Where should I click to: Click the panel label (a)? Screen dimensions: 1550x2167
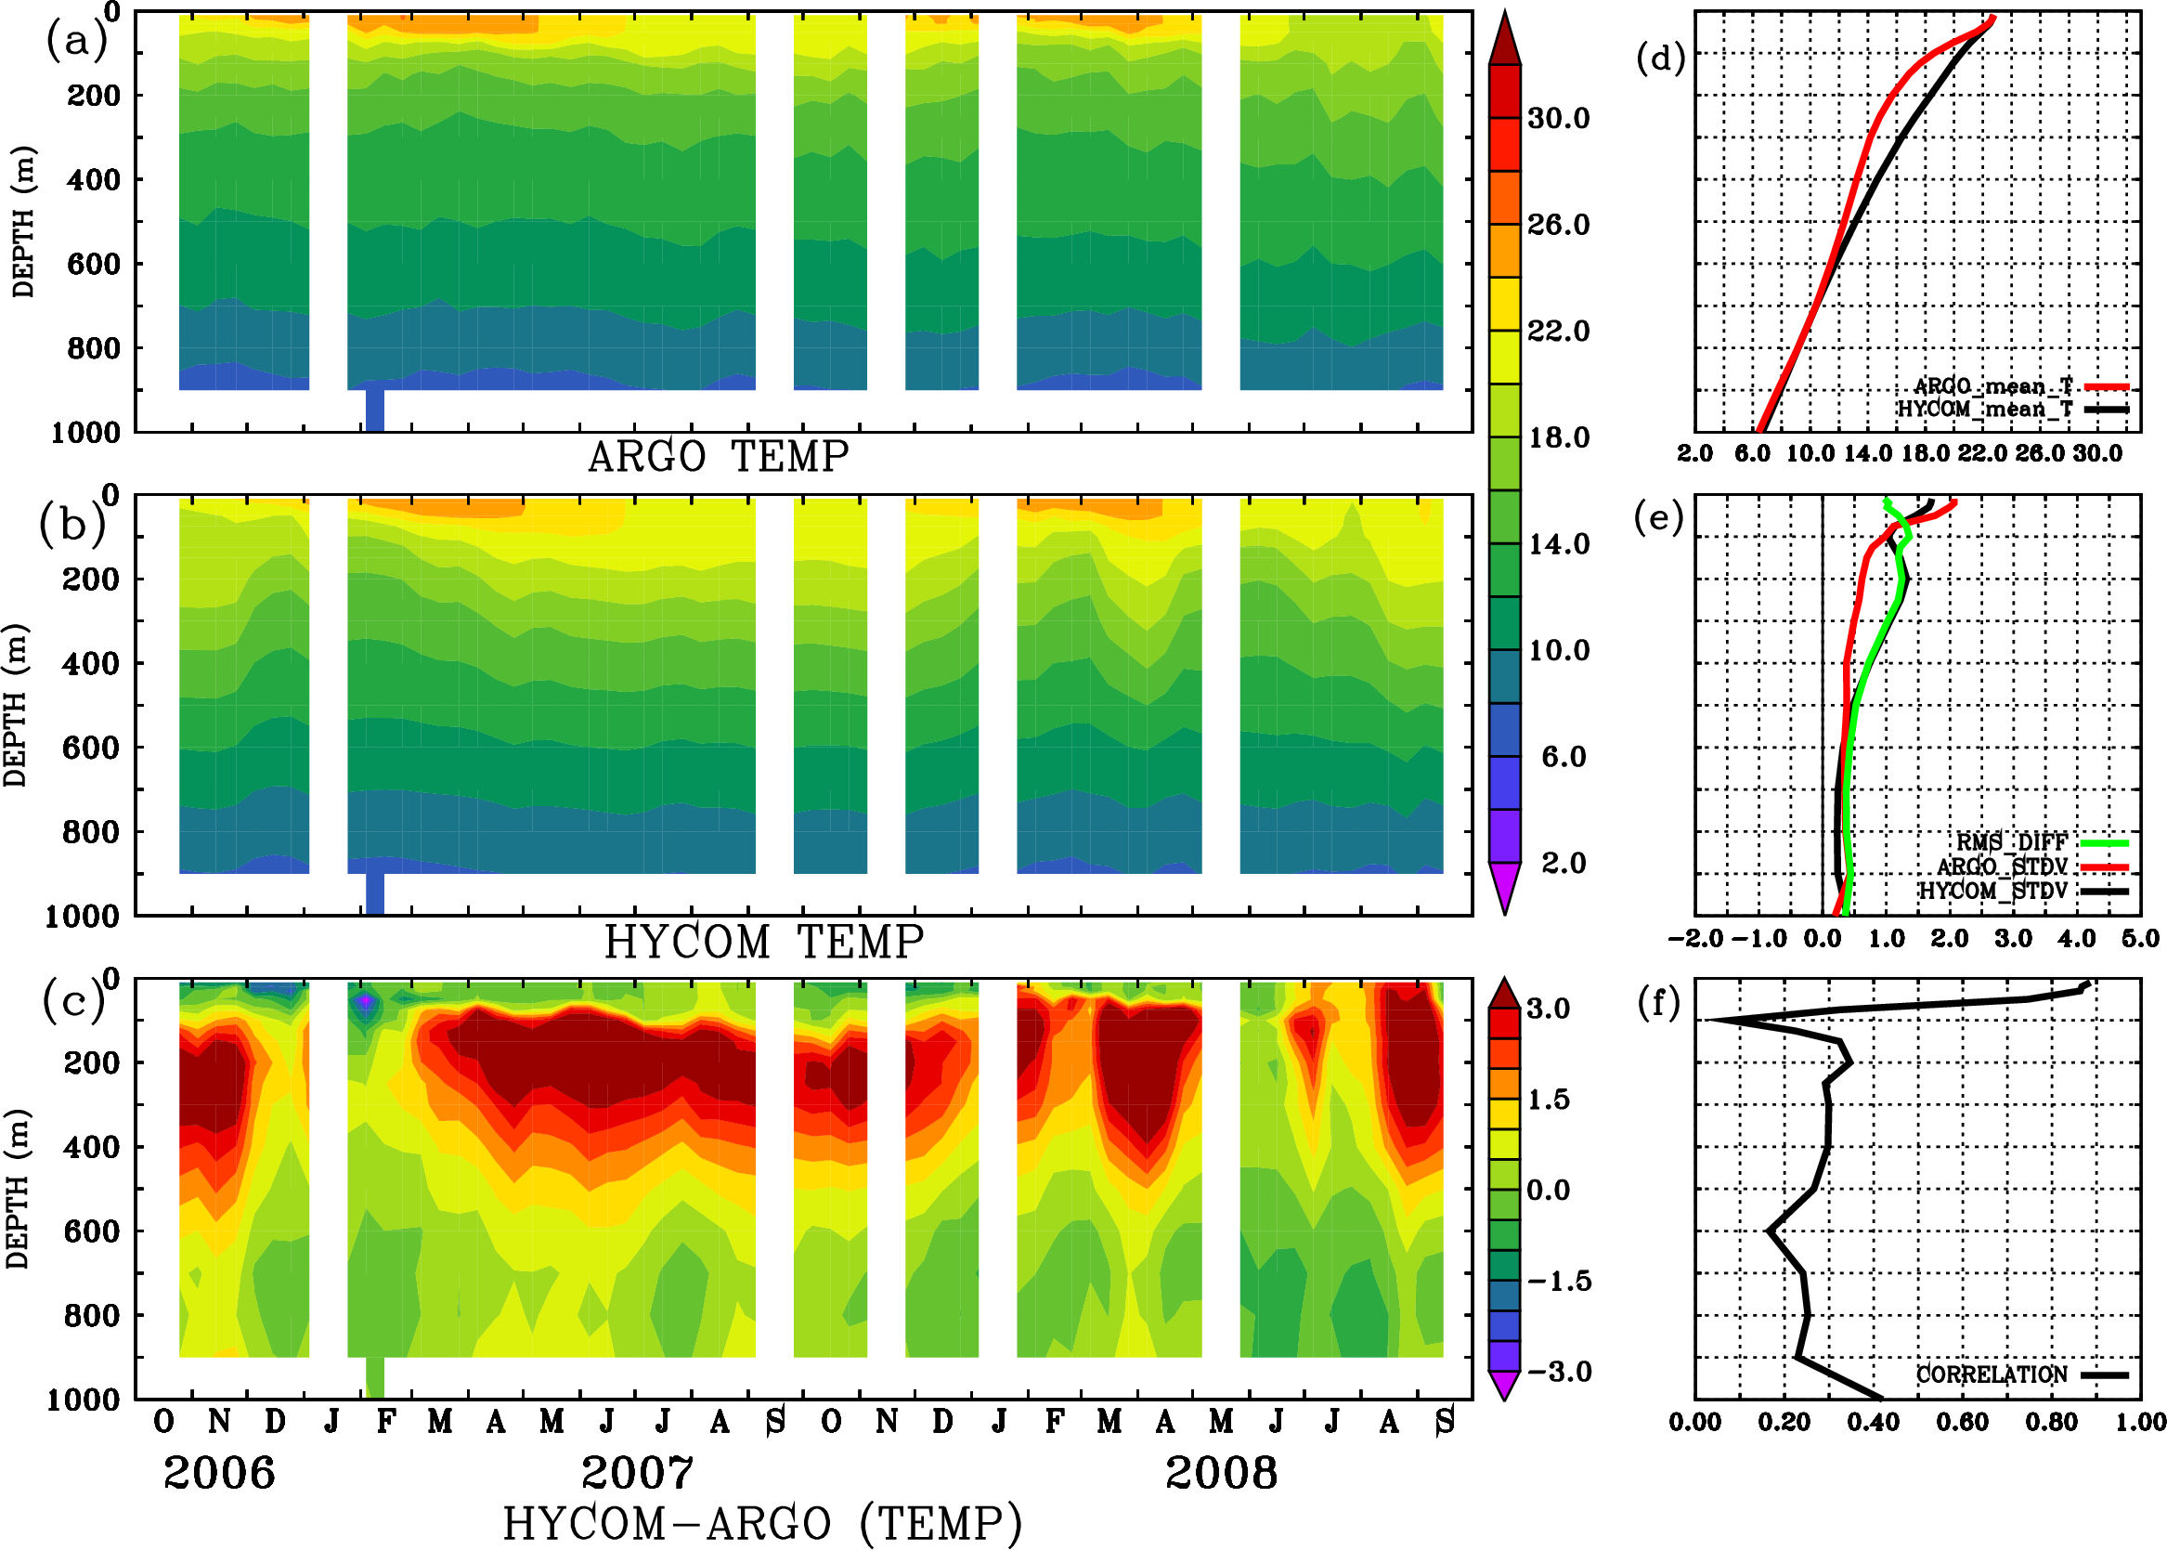[x=76, y=40]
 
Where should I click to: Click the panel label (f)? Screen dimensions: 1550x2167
[x=1658, y=1003]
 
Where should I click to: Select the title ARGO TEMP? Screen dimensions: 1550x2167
[x=718, y=457]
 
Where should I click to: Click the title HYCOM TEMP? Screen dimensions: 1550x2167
[x=763, y=942]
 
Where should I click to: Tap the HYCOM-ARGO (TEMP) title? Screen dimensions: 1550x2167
[x=761, y=1523]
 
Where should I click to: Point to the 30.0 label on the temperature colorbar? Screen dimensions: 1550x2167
[x=1558, y=118]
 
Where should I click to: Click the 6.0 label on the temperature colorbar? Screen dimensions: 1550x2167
[x=1563, y=757]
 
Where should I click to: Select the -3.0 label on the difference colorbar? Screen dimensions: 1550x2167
[x=1559, y=1372]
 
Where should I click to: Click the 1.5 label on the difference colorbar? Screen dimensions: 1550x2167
[x=1548, y=1100]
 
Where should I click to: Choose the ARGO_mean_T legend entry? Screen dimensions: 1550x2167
[x=1993, y=386]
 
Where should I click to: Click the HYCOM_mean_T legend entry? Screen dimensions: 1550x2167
[x=1985, y=410]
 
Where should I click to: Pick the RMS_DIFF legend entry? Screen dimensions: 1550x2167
[x=2011, y=842]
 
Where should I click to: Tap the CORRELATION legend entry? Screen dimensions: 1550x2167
[x=1992, y=1374]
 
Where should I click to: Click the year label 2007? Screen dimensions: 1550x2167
[x=638, y=1473]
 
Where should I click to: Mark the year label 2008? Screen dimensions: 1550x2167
[x=1222, y=1473]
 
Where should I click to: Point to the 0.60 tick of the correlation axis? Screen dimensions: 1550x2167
[x=1962, y=1422]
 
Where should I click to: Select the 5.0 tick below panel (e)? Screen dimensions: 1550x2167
[x=2140, y=938]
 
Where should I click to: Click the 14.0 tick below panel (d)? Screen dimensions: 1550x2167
[x=1867, y=453]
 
